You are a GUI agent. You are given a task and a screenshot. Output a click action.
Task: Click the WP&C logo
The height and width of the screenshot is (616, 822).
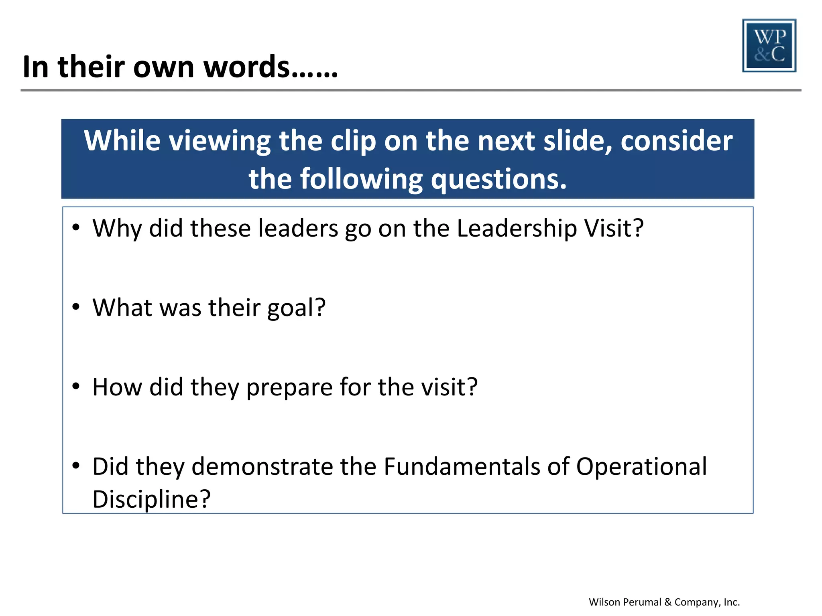(769, 46)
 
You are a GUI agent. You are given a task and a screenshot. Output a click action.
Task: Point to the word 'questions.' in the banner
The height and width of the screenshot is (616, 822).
(499, 179)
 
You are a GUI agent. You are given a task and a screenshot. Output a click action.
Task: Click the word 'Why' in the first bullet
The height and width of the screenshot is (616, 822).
(117, 229)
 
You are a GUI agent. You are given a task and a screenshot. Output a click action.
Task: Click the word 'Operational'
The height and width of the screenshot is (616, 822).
(641, 467)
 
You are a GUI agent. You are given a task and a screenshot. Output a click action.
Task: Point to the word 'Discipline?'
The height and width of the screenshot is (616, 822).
(151, 500)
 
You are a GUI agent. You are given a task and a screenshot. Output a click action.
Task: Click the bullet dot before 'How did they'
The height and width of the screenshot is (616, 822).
(76, 386)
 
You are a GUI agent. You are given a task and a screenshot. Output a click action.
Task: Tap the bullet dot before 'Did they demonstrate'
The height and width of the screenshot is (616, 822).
(76, 466)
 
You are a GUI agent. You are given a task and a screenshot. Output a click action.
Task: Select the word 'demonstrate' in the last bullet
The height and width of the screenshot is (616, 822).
(262, 467)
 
